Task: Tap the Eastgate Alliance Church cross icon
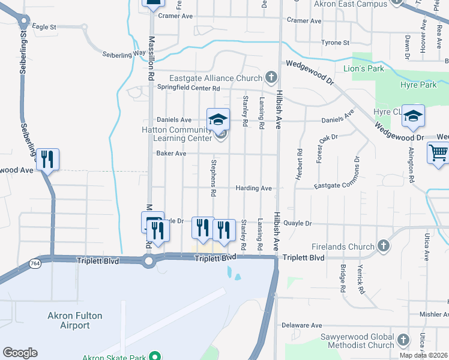[x=271, y=77]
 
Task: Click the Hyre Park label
[x=418, y=85]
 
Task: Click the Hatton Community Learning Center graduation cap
[x=218, y=119]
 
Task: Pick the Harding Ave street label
[x=253, y=188]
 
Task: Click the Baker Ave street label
[x=171, y=154]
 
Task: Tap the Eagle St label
[x=44, y=27]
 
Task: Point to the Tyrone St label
[x=335, y=43]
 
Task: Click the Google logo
[x=20, y=353]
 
